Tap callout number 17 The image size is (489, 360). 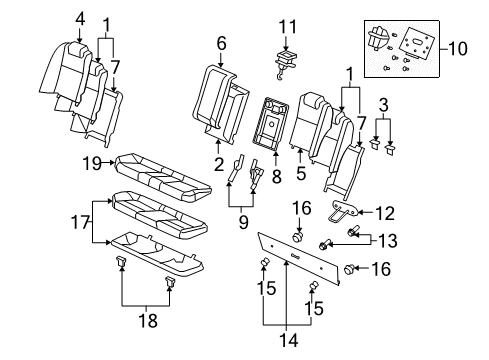(83, 223)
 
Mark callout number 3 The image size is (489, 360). (383, 104)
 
